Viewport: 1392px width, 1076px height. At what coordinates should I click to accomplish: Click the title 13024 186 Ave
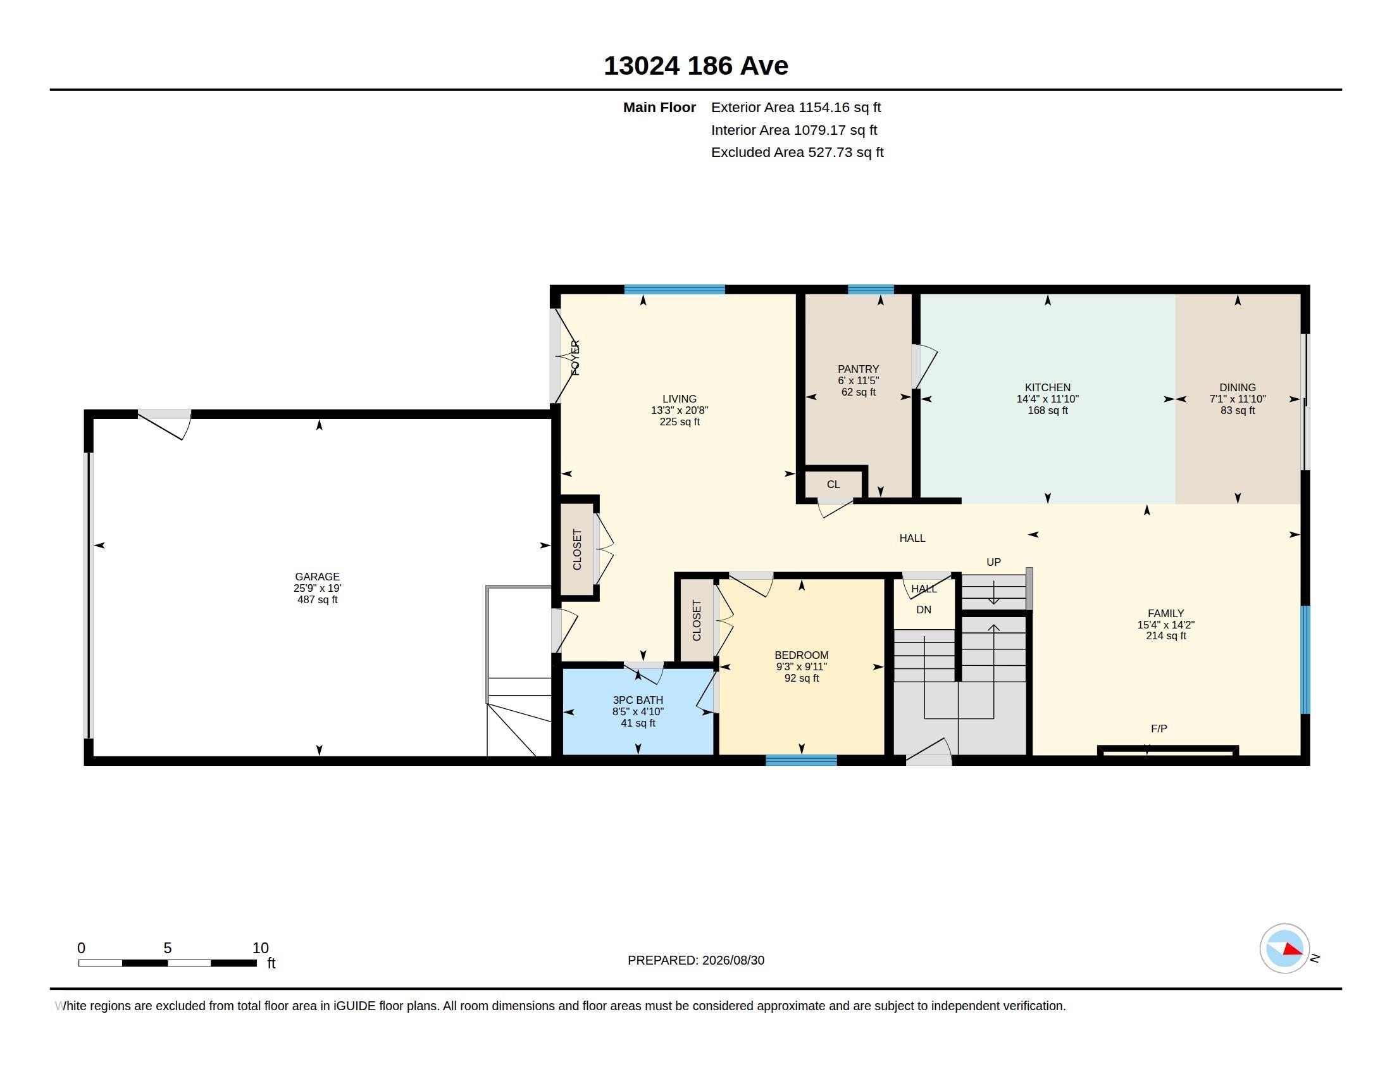click(x=695, y=66)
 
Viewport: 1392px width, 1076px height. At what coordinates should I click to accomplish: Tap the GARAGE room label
click(x=317, y=577)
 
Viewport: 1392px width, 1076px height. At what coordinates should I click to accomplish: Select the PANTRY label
click(x=858, y=369)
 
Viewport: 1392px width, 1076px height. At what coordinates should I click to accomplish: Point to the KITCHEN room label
click(x=1047, y=387)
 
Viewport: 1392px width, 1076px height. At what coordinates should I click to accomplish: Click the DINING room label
click(x=1237, y=387)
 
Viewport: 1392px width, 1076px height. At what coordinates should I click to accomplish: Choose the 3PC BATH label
click(x=637, y=700)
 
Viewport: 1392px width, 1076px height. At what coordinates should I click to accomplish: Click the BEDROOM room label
click(x=801, y=655)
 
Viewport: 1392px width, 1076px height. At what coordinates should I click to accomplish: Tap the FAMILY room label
click(x=1165, y=614)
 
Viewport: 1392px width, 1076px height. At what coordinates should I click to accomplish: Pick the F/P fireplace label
click(x=1159, y=729)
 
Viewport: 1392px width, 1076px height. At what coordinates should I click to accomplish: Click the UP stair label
click(x=993, y=562)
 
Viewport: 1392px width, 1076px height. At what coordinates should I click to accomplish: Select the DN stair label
click(x=924, y=610)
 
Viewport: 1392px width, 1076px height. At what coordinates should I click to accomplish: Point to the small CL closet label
click(x=833, y=484)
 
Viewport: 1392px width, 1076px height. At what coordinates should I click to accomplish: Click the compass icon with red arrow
click(x=1284, y=949)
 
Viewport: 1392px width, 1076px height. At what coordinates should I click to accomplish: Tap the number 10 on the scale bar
click(x=260, y=948)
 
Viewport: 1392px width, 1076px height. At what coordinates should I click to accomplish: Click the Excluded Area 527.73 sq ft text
click(x=797, y=153)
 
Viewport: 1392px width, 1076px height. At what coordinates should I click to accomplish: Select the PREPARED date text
click(x=695, y=961)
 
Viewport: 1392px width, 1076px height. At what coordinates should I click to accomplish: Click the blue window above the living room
click(x=674, y=289)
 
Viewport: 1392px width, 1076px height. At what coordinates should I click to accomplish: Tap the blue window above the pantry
click(x=871, y=289)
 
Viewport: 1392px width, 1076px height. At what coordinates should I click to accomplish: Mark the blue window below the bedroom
click(x=801, y=760)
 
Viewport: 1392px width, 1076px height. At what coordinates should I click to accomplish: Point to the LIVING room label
click(x=679, y=399)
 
